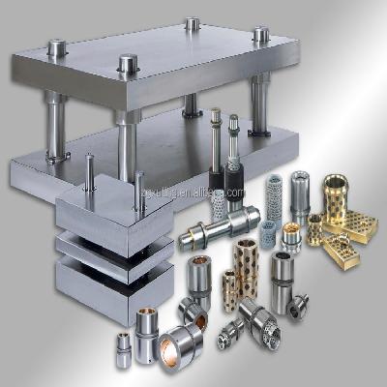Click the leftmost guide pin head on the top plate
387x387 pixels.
click(57, 45)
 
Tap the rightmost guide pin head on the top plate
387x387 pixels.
click(260, 35)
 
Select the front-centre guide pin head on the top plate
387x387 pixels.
click(128, 65)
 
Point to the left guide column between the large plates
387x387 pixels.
click(55, 126)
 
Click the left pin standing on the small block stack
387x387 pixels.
click(89, 173)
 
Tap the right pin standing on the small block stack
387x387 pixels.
click(139, 189)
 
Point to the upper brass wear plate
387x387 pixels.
click(354, 224)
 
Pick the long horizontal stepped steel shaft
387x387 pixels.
click(219, 228)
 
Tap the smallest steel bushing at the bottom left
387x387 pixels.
click(124, 349)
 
